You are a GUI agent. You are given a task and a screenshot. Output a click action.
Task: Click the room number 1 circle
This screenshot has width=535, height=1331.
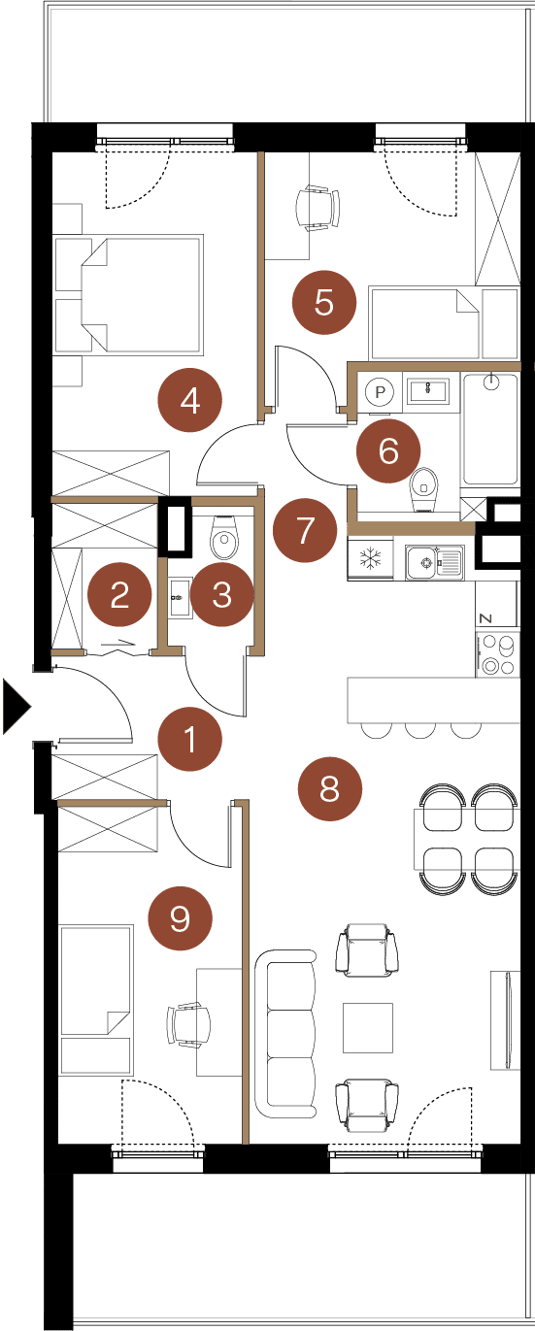click(189, 740)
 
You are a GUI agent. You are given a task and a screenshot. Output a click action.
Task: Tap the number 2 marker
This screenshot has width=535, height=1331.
click(119, 594)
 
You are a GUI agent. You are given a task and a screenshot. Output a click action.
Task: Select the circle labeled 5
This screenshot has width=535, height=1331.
click(324, 303)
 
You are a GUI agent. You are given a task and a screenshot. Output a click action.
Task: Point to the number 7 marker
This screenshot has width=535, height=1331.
click(305, 531)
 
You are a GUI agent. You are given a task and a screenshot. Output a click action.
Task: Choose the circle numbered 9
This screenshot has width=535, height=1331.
click(181, 918)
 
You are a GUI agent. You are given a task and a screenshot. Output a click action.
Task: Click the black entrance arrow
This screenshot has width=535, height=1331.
click(17, 707)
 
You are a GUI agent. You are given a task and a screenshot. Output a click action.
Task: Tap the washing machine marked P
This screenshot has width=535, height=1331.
click(381, 392)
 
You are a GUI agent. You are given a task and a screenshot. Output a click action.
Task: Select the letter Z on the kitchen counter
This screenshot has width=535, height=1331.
click(485, 618)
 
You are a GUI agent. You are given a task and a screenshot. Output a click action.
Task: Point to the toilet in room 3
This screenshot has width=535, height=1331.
click(224, 538)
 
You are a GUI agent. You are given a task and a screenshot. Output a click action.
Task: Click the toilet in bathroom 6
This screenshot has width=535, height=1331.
click(425, 487)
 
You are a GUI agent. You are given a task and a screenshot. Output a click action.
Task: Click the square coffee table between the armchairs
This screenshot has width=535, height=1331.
click(367, 1027)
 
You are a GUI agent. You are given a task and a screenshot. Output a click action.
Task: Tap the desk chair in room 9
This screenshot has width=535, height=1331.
click(189, 1025)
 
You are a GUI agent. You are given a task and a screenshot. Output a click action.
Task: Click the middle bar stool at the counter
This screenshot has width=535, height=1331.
click(420, 730)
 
